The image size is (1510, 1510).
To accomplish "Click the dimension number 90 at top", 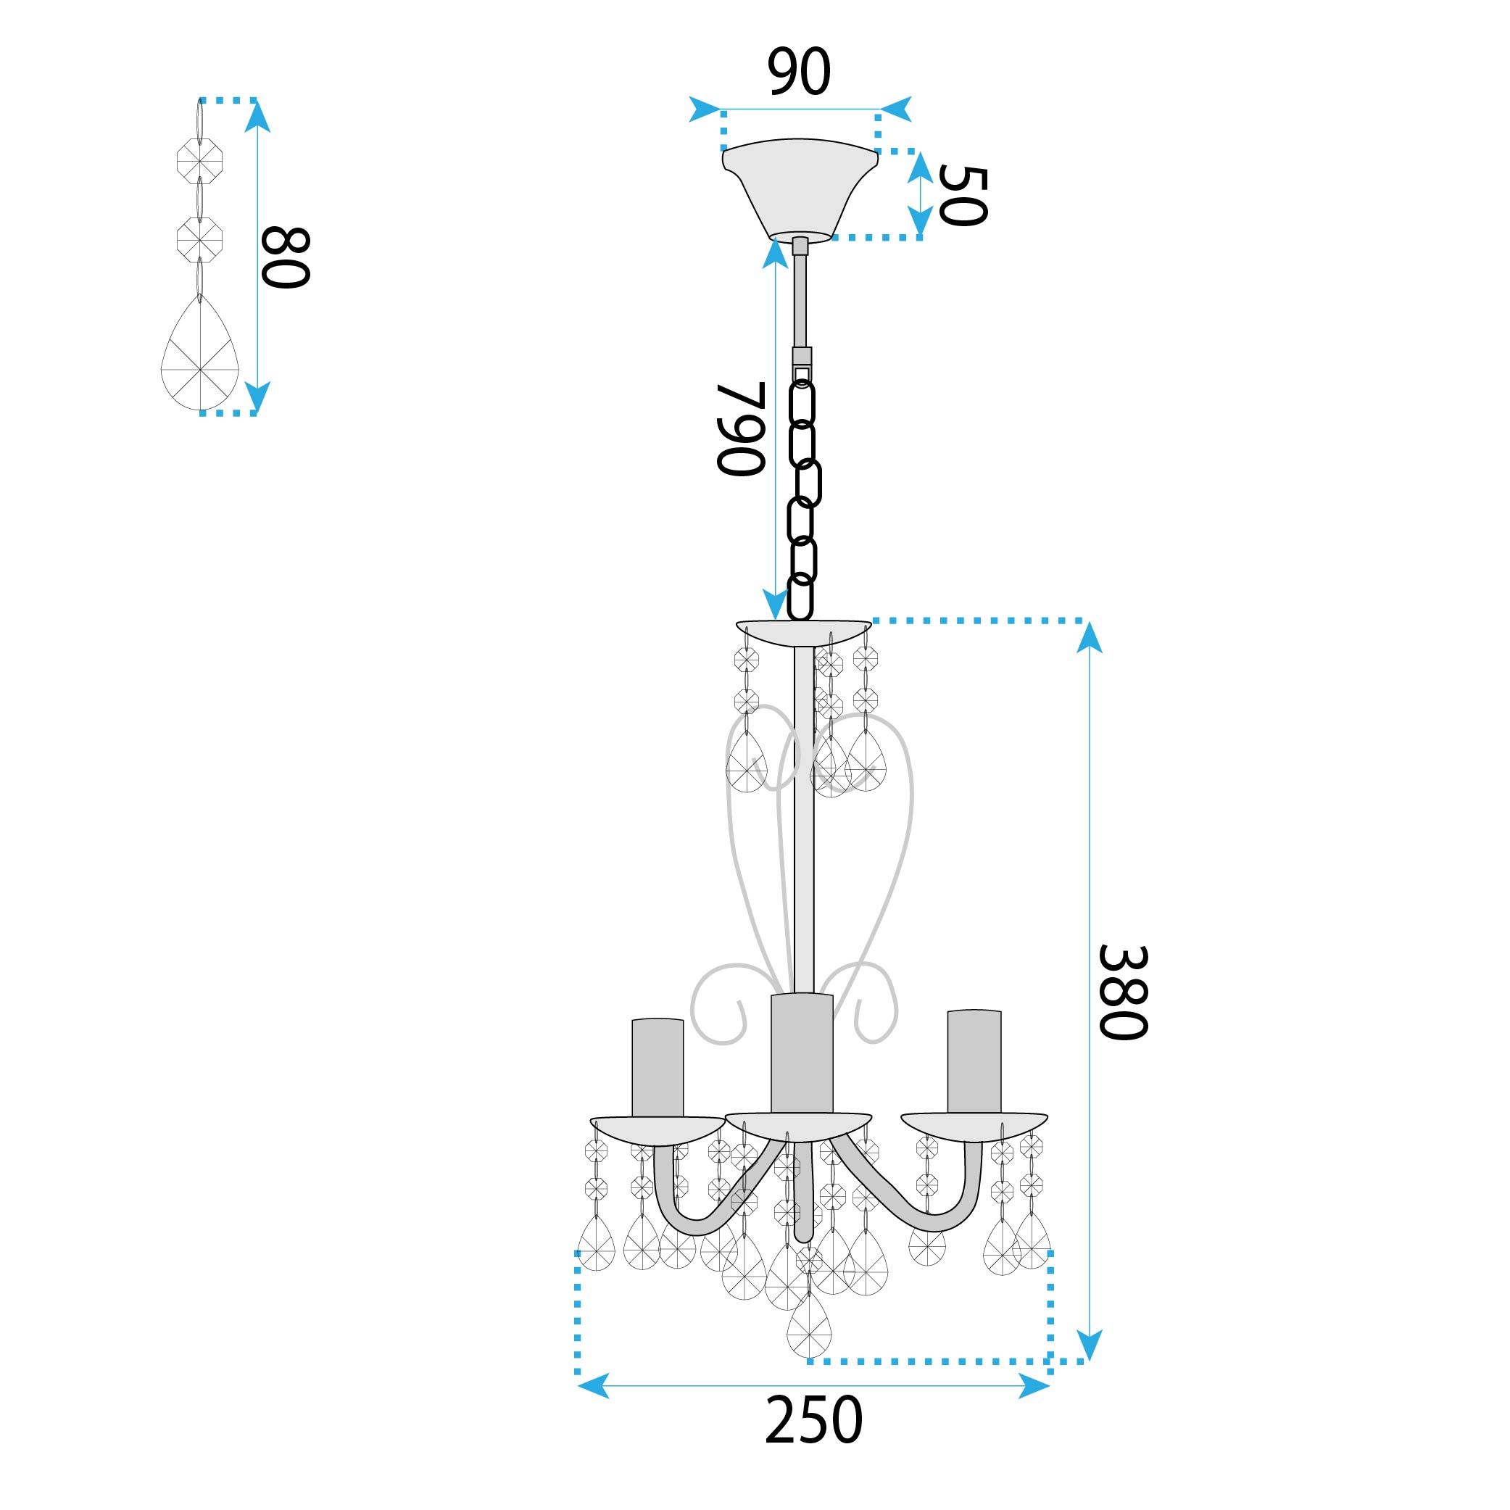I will pos(798,72).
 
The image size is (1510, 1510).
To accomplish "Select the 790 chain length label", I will pos(739,428).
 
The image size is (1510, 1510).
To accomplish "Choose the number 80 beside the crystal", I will pos(286,258).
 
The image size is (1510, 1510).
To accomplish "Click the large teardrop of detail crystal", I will pos(200,360).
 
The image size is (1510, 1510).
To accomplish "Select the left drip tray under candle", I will pos(657,1129).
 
